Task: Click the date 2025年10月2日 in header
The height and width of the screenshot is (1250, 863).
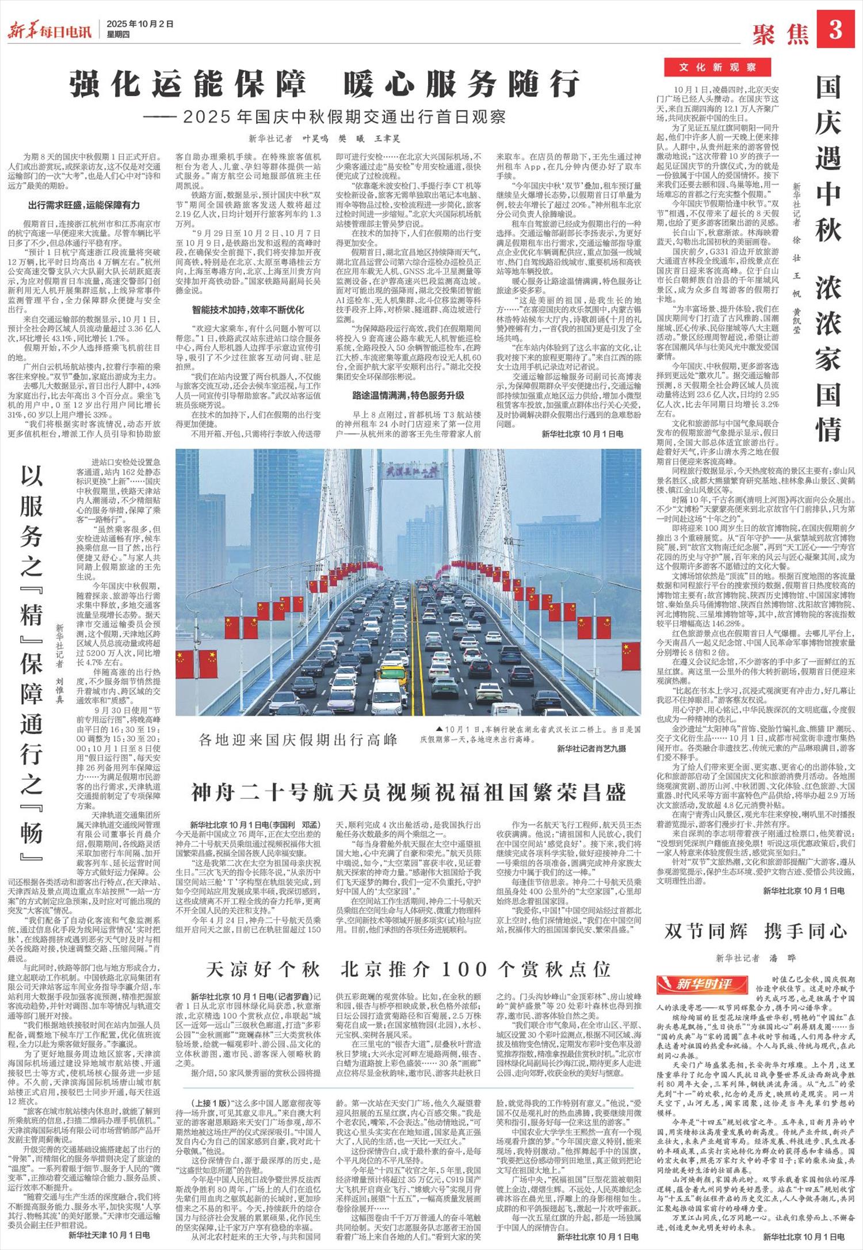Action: click(x=140, y=25)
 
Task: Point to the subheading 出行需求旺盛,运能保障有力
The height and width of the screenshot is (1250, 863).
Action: click(x=84, y=205)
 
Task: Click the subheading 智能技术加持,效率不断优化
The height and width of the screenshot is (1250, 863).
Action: click(x=248, y=309)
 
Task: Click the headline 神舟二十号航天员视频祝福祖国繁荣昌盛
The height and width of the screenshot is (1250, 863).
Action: click(x=408, y=793)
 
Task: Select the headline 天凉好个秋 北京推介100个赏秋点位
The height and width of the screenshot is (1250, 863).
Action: click(x=408, y=969)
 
